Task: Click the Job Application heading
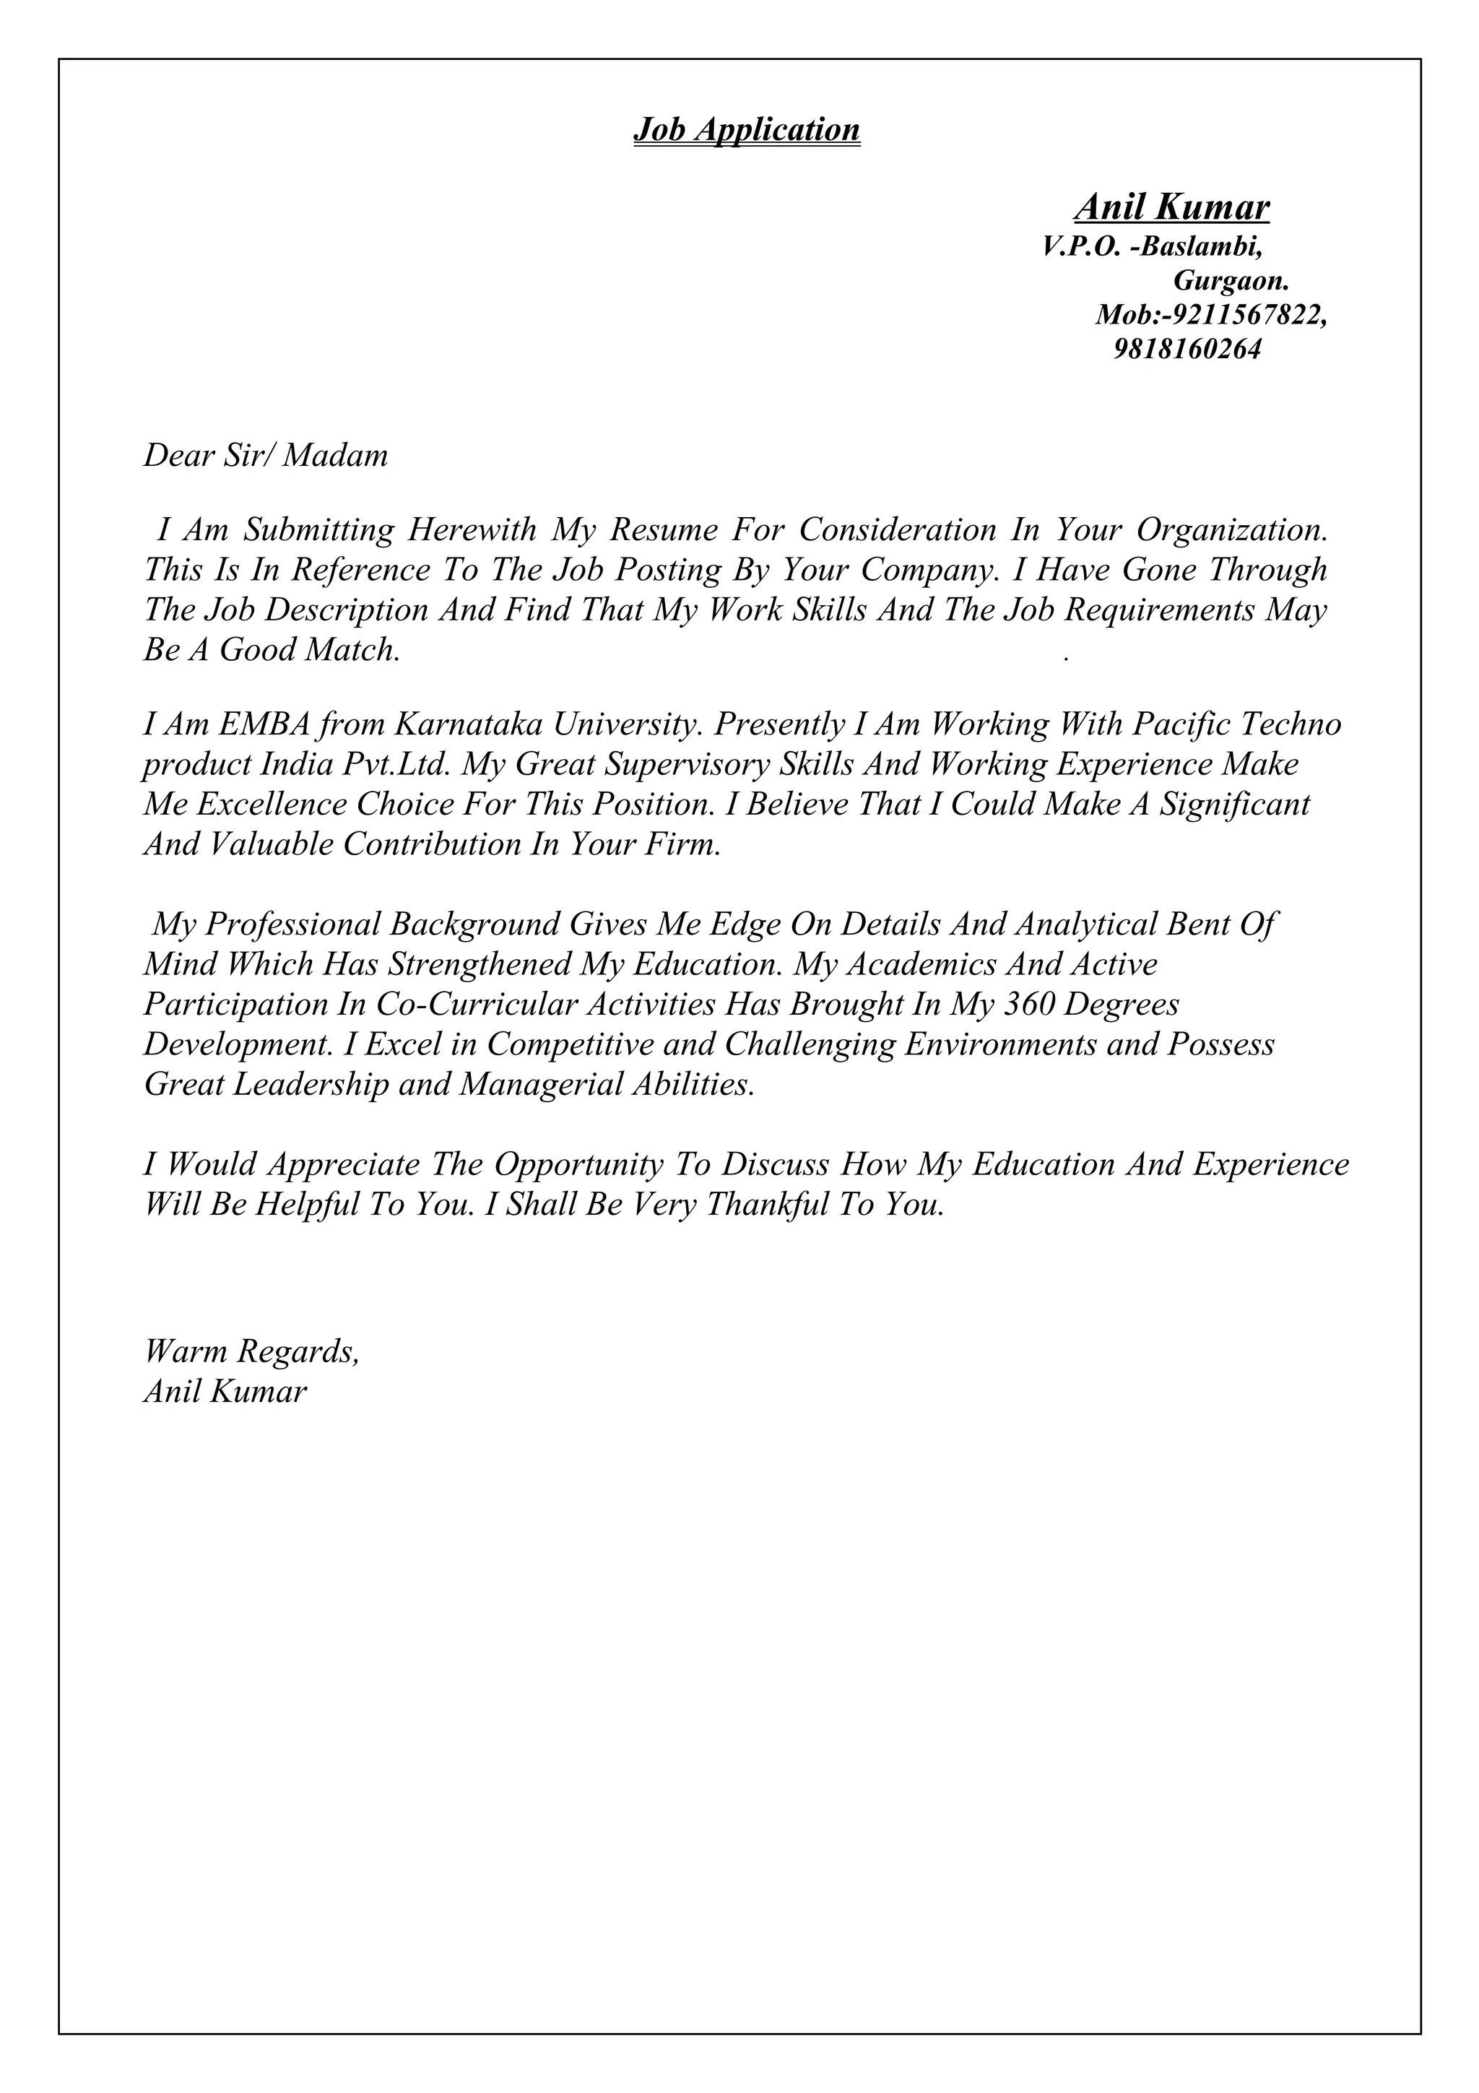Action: point(746,129)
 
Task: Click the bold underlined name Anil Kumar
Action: point(1172,207)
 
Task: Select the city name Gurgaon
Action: point(1231,281)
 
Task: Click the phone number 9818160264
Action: point(1187,349)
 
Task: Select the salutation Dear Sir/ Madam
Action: point(265,455)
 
